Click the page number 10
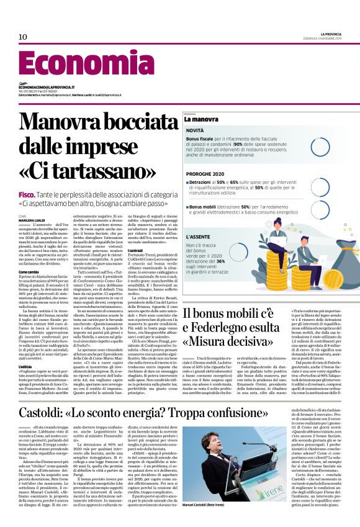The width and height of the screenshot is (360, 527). [23, 37]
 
